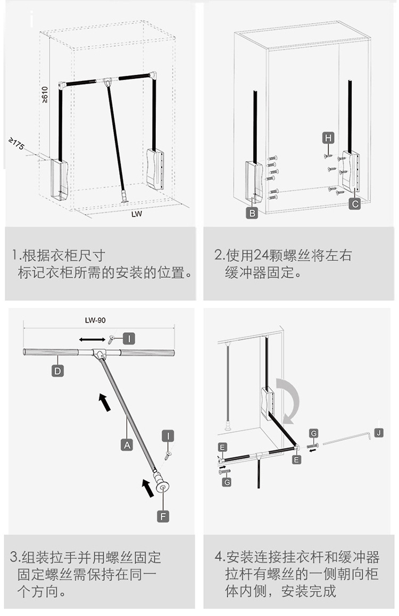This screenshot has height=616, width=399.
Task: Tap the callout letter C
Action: (355, 203)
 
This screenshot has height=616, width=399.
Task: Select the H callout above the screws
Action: (328, 138)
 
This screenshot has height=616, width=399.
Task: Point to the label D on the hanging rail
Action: (57, 371)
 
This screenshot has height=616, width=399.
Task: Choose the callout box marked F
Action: (163, 515)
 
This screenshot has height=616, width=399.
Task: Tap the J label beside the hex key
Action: (378, 432)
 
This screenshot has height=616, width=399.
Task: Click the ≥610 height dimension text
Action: (45, 94)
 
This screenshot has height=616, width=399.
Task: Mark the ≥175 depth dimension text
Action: (17, 144)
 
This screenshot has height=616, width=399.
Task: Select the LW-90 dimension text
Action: (96, 321)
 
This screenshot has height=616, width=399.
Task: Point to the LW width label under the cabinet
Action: (137, 215)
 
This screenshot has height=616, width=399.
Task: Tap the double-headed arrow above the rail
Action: (92, 339)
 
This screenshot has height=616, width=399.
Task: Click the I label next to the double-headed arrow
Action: (129, 338)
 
